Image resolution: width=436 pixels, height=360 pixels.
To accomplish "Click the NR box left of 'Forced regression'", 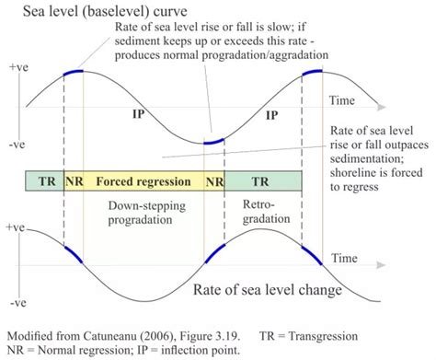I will [x=75, y=181].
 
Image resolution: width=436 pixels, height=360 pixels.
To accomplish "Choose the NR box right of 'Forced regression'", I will [x=214, y=181].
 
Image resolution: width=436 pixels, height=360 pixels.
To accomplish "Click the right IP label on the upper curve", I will [x=271, y=117].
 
